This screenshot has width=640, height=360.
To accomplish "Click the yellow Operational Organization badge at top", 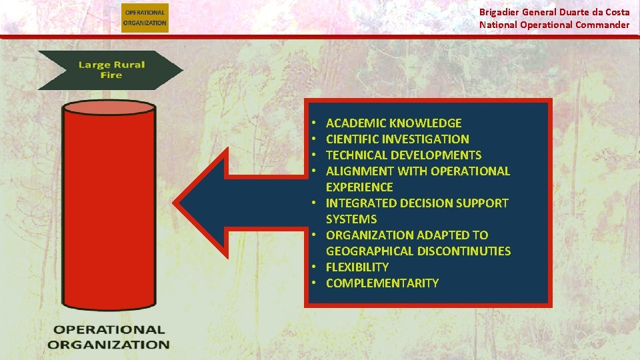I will pos(145,17).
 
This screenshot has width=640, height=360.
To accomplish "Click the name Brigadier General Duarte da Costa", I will pos(554,12).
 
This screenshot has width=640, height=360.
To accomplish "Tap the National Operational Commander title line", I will pos(554,25).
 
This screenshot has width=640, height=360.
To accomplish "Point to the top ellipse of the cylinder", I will pos(109,109).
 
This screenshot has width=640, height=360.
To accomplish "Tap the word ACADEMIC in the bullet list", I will pos(355,123).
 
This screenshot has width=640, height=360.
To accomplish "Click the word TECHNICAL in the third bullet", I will pos(356,155).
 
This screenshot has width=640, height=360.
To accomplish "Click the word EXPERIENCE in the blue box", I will pos(359,187).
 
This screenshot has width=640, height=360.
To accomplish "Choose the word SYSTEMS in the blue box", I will pos(351,219).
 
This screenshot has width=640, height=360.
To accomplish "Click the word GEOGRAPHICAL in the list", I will pos(370,251).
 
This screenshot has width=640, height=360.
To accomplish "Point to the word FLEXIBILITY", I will pos(357,267).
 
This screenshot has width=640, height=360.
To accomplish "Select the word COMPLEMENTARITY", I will pos(382,283).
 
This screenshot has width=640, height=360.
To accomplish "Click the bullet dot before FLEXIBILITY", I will pos(312,267).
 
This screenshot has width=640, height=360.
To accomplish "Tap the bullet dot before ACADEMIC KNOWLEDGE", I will pos(312,123).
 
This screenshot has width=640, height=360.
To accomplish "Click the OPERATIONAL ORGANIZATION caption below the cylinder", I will pos(109,337).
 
